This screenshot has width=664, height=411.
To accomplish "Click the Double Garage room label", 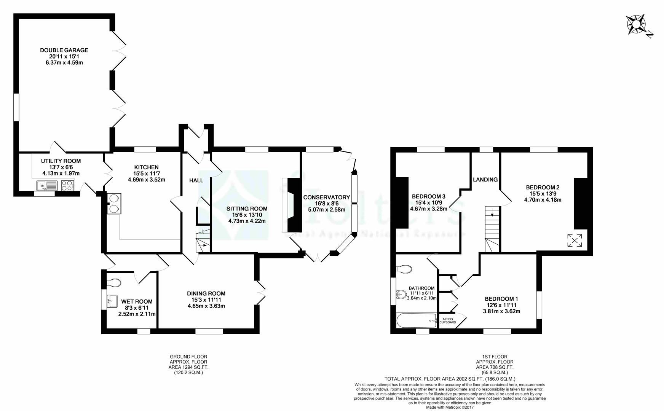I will point(64,50).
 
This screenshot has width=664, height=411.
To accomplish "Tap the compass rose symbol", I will point(637,25).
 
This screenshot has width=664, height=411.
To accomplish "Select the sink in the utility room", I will point(46,186).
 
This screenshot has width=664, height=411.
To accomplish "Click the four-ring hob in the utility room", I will point(67,186).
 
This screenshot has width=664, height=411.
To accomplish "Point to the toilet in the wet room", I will point(114,283).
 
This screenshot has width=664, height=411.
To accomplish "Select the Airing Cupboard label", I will point(448,320).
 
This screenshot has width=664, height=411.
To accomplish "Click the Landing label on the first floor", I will point(485,180).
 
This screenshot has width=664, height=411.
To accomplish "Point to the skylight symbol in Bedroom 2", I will point(575,241).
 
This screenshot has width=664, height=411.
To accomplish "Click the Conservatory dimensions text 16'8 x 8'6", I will point(326,204).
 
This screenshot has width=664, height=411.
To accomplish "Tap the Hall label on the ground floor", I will point(196,180).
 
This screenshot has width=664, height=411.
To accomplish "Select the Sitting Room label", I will point(247,209).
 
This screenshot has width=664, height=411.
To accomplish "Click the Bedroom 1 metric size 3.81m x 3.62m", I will point(501,311).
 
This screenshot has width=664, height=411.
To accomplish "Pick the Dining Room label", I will point(206,293).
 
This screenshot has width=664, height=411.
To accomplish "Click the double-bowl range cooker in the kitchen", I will point(114,203).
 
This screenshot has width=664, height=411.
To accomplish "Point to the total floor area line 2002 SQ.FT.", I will point(450,379).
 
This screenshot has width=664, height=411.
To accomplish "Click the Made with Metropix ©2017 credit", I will point(450,407).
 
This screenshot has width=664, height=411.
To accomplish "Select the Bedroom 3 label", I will point(428,196).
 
